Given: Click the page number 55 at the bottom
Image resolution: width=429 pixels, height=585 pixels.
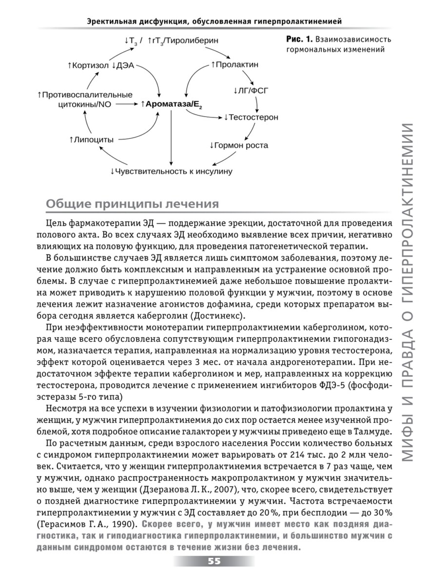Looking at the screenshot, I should pos(214,561).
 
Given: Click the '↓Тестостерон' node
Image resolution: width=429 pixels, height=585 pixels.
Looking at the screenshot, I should pos(251,117).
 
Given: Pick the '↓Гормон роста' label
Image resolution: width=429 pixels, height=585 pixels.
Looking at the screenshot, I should pos(239,145).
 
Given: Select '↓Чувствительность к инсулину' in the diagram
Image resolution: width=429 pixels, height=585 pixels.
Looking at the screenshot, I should pos(171,172).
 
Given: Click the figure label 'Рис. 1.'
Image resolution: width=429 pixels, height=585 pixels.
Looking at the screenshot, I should pos(298,39).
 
